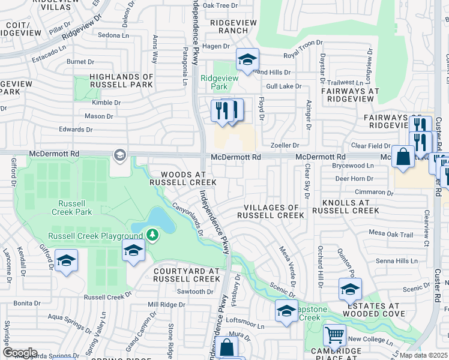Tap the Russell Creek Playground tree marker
(153, 234)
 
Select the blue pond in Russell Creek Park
(161, 221)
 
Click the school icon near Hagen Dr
(247, 59)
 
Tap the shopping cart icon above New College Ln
(334, 334)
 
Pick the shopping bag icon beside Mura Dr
(226, 347)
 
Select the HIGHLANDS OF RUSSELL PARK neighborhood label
(122, 81)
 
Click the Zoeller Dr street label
(285, 145)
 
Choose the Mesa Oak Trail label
(391, 235)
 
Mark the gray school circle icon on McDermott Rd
(119, 156)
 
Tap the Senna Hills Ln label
(396, 261)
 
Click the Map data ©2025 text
(423, 355)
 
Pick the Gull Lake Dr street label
(283, 86)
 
